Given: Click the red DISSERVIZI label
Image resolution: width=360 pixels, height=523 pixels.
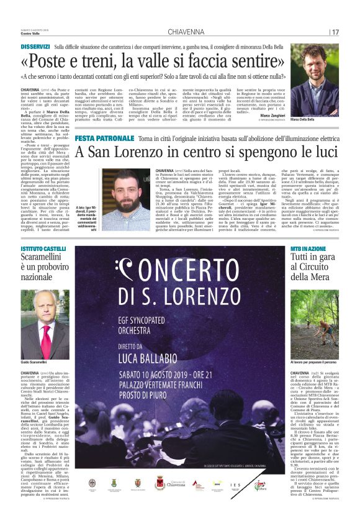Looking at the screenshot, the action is (35, 47).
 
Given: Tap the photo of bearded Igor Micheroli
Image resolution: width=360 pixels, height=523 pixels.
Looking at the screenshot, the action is (127, 200).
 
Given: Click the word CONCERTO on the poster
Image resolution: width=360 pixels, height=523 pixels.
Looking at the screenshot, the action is (180, 273).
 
